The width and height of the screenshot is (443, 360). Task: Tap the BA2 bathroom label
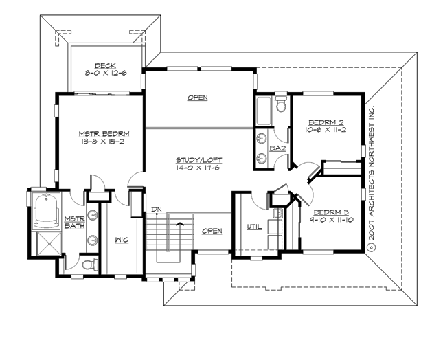[277, 148]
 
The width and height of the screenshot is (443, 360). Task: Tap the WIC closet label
[121, 239]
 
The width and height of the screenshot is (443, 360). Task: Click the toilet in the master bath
[85, 264]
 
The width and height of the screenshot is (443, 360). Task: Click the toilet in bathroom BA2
[280, 106]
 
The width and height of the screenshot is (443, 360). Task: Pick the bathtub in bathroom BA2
[263, 109]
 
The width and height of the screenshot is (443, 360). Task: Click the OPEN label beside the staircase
[212, 231]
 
